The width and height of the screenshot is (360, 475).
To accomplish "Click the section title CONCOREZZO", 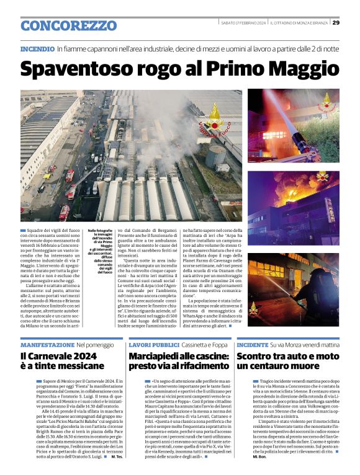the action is (68, 25).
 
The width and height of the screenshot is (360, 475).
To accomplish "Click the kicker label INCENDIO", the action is (37, 48).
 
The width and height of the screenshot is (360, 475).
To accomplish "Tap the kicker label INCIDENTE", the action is (253, 344).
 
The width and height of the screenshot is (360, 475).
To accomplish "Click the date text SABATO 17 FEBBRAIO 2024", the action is (243, 23).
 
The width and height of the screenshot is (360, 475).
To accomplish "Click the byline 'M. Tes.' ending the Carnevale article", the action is (115, 457).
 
